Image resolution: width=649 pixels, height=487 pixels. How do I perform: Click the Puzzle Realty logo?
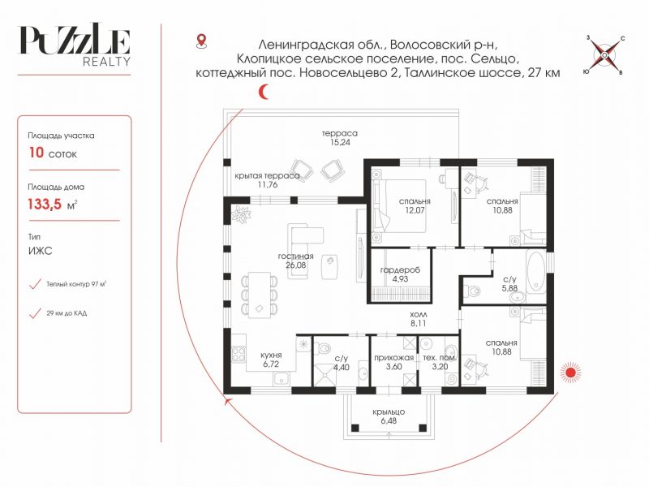74,45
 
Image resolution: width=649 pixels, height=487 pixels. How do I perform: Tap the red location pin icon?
201,41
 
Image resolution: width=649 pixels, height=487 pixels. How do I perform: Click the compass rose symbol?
604,55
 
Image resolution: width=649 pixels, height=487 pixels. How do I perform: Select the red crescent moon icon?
264,92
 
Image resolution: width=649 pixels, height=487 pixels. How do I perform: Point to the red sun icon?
571,372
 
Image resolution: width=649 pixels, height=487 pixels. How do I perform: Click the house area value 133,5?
45,205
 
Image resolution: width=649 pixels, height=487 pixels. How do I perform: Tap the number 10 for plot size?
36,153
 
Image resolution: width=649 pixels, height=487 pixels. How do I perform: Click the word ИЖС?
40,251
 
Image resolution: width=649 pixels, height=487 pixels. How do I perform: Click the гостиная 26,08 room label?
295,261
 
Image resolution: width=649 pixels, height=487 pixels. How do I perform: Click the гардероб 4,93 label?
400,274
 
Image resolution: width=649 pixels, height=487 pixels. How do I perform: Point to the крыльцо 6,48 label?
389,416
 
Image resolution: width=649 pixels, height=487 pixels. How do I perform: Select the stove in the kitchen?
239,354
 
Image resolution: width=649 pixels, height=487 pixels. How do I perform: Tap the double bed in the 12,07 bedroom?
398,205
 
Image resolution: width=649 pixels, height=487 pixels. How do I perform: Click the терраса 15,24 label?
340,137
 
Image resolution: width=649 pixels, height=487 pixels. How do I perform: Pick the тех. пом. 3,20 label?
440,362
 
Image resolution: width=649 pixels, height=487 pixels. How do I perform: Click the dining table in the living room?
260,295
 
